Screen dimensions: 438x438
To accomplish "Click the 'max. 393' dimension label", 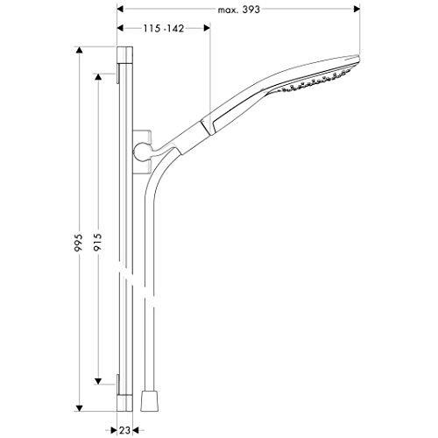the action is coord(238,10).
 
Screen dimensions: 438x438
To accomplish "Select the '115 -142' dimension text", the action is coord(164,28).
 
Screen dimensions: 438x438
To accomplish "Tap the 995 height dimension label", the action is coord(79,243).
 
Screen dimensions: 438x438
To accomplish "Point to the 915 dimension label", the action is coord(98,243).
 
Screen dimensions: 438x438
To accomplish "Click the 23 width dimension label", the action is coord(124,430).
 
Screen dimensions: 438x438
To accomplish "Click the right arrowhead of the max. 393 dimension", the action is coord(357,10).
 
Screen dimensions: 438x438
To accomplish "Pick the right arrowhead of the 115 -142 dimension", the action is coord(207,28).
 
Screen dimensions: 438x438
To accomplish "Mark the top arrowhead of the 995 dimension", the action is coord(79,50).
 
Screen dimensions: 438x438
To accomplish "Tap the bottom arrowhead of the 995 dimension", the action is coord(79,408).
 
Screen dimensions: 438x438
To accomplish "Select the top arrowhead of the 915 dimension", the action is coord(98,77).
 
